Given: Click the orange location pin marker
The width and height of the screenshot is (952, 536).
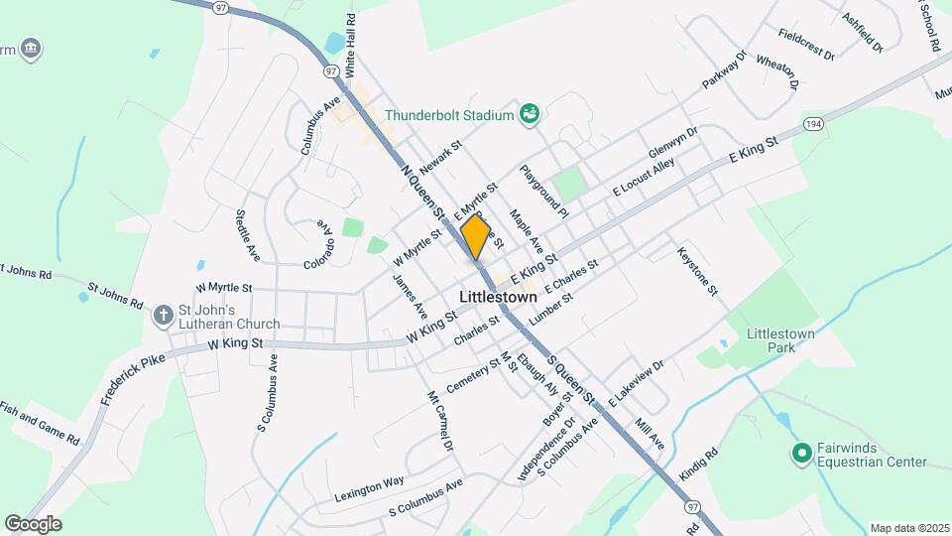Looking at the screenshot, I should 475,236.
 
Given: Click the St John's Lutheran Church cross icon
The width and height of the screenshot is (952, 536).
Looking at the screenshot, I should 165,316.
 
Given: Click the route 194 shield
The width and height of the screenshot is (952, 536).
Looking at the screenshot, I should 814,123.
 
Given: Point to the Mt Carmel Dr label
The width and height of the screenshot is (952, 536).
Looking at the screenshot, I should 439,421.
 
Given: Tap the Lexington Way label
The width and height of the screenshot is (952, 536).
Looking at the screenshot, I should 369,481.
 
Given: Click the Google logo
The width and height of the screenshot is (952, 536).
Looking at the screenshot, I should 33,523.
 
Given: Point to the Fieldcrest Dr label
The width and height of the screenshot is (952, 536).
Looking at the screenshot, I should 806,45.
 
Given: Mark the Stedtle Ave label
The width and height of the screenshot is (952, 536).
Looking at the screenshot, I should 247,235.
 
